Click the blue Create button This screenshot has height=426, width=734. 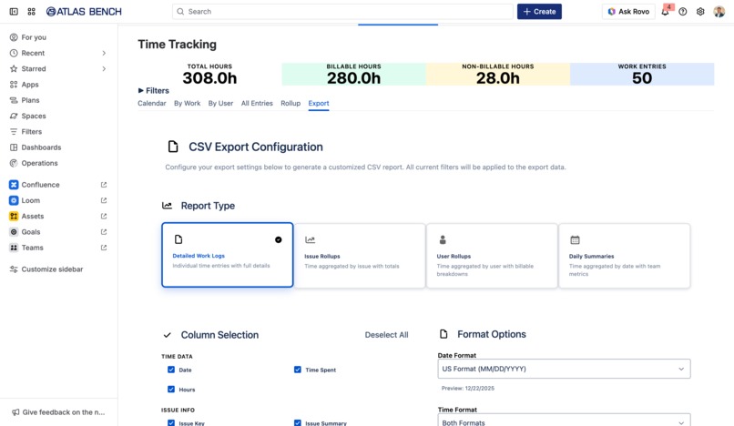coord(539,12)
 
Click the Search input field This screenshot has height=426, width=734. coord(342,12)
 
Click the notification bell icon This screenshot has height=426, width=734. coord(665,12)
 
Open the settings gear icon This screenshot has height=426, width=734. coord(700,12)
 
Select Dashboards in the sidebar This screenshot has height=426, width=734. coord(41,147)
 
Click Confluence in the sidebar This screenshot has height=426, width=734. coord(40,185)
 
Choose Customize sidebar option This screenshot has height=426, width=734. coord(52,269)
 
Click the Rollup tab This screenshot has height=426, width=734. coord(291,104)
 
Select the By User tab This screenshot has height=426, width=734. coord(220,104)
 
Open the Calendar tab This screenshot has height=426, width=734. coord(151,104)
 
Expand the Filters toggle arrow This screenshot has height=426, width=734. coord(141,91)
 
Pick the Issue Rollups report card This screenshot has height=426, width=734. coord(359,256)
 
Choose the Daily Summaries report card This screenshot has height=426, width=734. coord(624,256)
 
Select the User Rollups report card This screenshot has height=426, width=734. coord(492,256)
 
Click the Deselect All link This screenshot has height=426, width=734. coord(386,335)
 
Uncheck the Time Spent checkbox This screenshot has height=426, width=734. coord(298,370)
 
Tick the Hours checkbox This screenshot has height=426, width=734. coord(171,390)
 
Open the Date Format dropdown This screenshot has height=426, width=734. coord(564,369)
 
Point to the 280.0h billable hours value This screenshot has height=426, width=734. coord(353,79)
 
